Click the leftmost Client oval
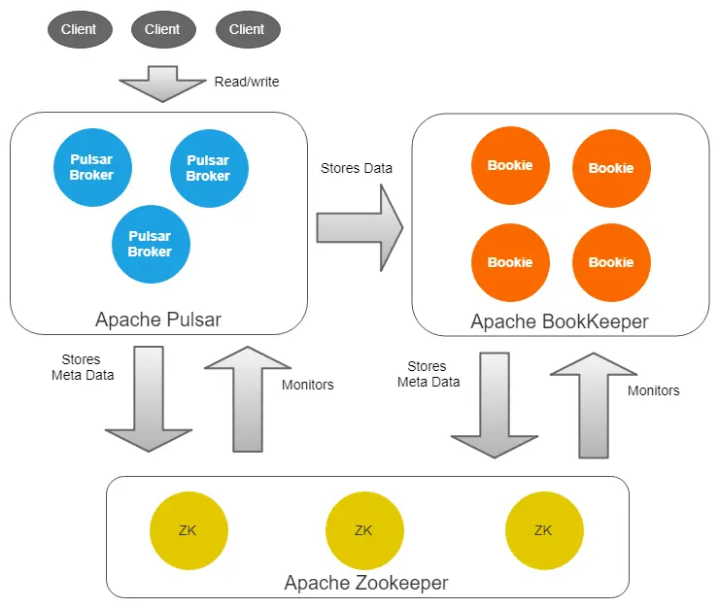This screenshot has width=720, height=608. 79,29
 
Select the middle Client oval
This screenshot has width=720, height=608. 162,29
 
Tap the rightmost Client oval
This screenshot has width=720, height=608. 247,29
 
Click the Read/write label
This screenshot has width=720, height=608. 247,82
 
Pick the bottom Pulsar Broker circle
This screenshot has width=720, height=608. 151,244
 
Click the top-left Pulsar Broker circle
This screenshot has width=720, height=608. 92,168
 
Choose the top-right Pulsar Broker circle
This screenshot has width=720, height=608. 209,168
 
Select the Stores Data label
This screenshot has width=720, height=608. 357,168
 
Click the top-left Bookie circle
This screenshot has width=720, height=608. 510,165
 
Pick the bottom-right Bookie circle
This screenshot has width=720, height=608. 611,262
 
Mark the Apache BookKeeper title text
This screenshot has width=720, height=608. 560,321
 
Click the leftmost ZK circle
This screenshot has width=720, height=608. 189,530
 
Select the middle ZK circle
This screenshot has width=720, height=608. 363,530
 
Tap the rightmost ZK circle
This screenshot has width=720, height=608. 544,530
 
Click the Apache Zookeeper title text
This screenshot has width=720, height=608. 366,583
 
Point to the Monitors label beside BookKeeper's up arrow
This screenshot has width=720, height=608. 653,390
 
